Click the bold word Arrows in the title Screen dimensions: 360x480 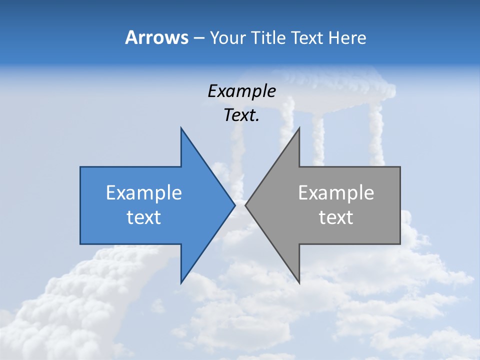pos(157,37)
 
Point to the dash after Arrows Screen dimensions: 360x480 pos(198,38)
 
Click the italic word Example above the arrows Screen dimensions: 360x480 pos(241,91)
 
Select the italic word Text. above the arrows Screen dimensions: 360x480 pos(241,115)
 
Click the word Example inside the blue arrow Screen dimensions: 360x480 pos(144,192)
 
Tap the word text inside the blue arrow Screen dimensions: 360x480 pos(144,217)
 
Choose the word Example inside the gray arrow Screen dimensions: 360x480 pos(336,192)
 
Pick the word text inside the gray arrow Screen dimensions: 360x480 pos(336,217)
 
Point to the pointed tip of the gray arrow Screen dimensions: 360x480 pos(246,205)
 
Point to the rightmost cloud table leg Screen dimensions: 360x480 pos(375,135)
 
